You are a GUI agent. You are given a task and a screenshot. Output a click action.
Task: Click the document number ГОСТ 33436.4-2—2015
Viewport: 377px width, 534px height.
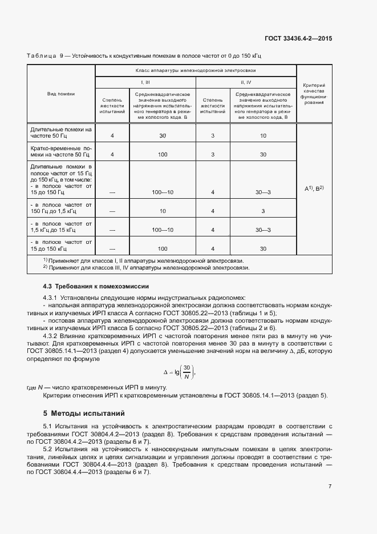(x=299, y=39)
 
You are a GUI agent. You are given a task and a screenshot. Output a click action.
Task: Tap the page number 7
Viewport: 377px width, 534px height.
(x=330, y=486)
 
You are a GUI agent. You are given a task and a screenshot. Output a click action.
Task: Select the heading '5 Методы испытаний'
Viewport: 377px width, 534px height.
(x=83, y=413)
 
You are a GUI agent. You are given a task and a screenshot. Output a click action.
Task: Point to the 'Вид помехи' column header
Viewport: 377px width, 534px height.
(x=61, y=93)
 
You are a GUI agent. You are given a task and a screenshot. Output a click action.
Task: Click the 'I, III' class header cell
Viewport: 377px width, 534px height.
(x=145, y=82)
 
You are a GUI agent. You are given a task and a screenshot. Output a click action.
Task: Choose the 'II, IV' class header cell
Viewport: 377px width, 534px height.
(x=246, y=82)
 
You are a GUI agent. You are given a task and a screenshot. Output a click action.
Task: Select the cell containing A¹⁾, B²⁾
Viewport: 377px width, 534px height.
(x=314, y=188)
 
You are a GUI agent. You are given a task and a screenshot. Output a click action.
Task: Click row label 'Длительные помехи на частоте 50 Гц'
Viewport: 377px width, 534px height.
(x=61, y=133)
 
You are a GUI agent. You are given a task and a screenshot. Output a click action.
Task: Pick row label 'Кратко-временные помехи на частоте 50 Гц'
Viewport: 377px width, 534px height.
(x=61, y=151)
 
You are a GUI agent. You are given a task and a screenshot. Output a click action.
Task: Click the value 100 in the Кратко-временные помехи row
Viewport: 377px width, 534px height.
(x=163, y=155)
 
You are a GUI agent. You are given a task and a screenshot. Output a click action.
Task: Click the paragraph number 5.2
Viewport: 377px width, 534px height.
(x=48, y=449)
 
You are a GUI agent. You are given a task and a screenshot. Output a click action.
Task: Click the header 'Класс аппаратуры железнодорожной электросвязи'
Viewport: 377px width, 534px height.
(x=196, y=70)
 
